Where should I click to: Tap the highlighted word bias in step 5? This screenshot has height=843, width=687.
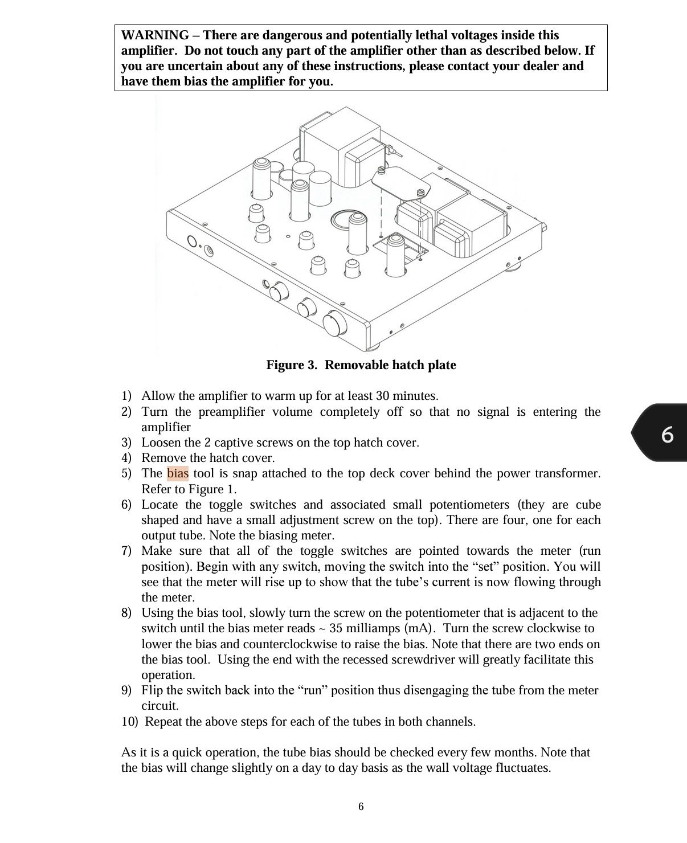178,473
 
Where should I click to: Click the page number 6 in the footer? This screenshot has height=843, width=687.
361,807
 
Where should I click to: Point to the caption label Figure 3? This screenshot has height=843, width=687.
291,365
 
